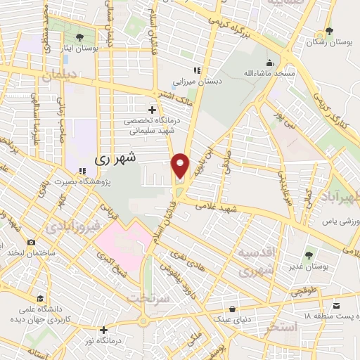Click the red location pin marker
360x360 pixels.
coord(181,165)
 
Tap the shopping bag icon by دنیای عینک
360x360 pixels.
coord(231,309)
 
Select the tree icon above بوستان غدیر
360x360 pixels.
coord(309,255)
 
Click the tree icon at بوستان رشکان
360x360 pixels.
coord(329,31)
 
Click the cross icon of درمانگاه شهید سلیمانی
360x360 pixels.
coord(153,110)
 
